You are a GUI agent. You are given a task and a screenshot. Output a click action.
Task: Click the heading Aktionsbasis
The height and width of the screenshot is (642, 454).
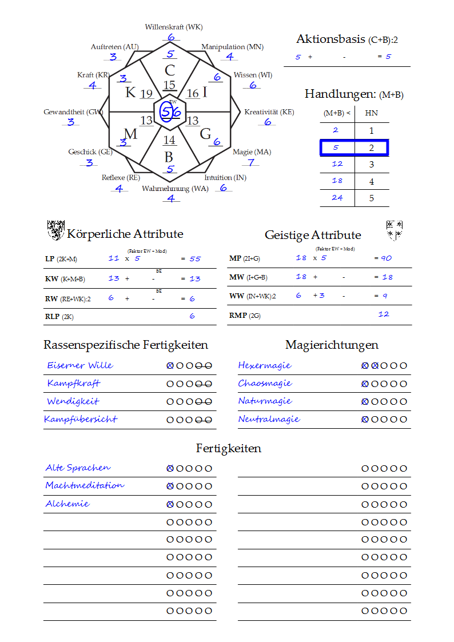click(x=330, y=39)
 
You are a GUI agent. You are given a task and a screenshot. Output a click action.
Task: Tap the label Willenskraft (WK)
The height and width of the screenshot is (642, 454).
click(x=174, y=27)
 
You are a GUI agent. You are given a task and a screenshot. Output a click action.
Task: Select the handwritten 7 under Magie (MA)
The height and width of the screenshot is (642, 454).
click(x=250, y=162)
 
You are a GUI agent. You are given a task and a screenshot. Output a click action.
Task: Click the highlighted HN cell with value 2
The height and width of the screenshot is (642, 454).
click(x=371, y=148)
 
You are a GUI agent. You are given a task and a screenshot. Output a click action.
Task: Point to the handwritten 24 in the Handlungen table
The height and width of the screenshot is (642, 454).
click(x=337, y=198)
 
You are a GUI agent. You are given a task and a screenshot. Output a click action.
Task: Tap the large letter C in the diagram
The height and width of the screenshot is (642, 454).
click(x=170, y=71)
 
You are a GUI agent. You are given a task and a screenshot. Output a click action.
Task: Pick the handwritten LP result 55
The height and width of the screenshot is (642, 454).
click(x=196, y=259)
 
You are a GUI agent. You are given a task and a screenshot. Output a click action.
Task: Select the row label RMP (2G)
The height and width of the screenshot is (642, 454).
click(x=245, y=315)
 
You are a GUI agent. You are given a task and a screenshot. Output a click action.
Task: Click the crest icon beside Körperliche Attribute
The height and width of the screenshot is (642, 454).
click(x=55, y=230)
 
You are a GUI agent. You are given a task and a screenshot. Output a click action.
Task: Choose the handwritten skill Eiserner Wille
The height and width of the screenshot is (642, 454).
click(x=80, y=365)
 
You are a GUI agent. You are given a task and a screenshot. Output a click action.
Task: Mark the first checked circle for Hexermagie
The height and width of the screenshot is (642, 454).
click(x=365, y=366)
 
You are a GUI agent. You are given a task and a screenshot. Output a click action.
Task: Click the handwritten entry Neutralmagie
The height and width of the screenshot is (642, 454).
click(x=269, y=419)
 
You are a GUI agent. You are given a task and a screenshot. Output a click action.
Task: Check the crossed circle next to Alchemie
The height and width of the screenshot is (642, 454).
click(x=170, y=505)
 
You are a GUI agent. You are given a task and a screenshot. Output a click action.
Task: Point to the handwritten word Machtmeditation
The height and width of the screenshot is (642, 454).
click(x=85, y=485)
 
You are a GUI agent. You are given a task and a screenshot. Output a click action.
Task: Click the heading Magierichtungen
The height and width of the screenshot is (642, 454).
click(x=332, y=345)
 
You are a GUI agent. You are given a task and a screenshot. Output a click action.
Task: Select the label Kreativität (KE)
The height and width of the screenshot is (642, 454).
click(x=269, y=112)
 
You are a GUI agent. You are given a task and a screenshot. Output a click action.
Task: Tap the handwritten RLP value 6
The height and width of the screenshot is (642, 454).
click(x=192, y=316)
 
